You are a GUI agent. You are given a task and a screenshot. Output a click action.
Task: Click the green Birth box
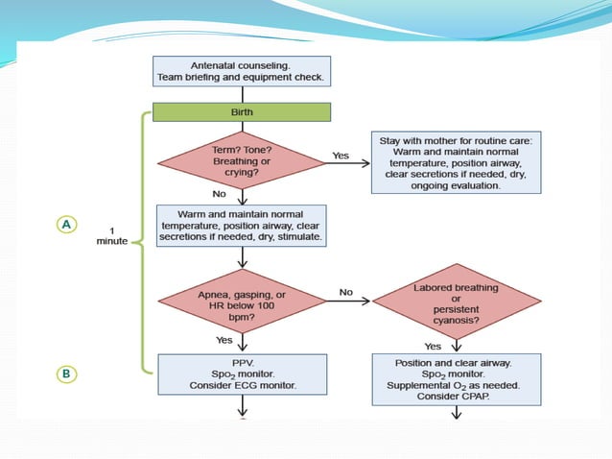pyautogui.click(x=242, y=112)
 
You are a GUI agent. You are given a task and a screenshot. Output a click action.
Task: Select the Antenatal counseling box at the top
pyautogui.click(x=242, y=70)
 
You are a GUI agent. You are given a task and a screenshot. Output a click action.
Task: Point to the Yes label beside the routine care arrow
pyautogui.click(x=341, y=155)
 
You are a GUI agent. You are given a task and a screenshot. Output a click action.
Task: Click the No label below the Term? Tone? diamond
pyautogui.click(x=220, y=193)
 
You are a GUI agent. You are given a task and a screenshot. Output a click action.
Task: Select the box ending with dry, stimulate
pyautogui.click(x=242, y=224)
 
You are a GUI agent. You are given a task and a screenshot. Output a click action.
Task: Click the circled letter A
pyautogui.click(x=65, y=224)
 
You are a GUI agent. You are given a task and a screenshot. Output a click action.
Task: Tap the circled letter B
pyautogui.click(x=65, y=374)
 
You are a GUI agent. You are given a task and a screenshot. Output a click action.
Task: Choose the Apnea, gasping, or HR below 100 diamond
pyautogui.click(x=242, y=300)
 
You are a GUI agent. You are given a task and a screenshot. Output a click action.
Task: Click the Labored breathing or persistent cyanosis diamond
pyautogui.click(x=457, y=300)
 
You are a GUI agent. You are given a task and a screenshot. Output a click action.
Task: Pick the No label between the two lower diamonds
pyautogui.click(x=346, y=291)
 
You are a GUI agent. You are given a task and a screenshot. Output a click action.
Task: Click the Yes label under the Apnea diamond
pyautogui.click(x=223, y=339)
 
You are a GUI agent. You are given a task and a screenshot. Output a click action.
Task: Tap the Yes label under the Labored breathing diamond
pyautogui.click(x=433, y=346)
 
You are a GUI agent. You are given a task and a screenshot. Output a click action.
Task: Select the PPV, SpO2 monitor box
pyautogui.click(x=242, y=374)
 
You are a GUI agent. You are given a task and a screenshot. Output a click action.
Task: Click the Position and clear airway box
pyautogui.click(x=457, y=380)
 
